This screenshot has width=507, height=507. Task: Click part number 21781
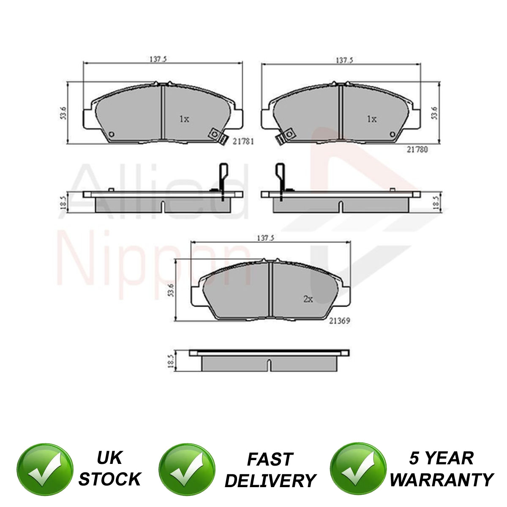click(243, 142)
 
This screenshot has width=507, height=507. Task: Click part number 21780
click(417, 150)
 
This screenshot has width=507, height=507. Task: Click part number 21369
click(339, 321)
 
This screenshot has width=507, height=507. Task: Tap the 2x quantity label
click(308, 299)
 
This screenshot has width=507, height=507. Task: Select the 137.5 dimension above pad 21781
click(158, 59)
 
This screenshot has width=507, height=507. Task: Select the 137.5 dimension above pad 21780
click(344, 60)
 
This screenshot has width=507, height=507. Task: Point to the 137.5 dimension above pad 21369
click(265, 238)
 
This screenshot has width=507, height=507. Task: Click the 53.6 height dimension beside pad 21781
click(63, 113)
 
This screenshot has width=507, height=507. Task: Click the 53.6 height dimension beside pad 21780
click(434, 113)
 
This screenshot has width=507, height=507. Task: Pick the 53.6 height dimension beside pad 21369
click(171, 290)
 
